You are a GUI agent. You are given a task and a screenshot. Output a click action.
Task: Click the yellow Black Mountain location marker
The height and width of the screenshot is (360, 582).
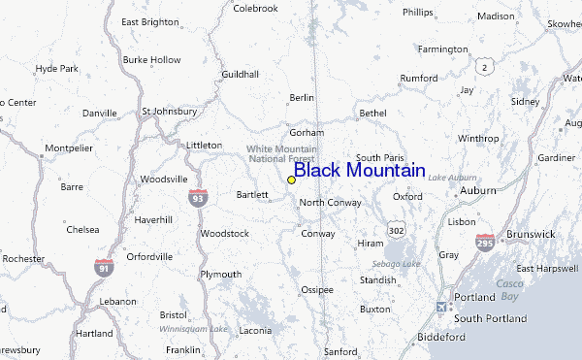tap(291, 180)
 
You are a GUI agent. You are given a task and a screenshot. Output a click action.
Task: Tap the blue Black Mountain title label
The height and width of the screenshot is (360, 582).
tap(359, 171)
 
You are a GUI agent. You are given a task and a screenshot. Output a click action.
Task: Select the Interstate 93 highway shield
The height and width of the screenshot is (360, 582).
tap(198, 196)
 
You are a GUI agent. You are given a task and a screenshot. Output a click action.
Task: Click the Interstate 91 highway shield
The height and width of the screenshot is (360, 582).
tap(104, 265)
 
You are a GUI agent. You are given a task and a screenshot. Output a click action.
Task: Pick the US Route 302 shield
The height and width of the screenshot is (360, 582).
tap(396, 231)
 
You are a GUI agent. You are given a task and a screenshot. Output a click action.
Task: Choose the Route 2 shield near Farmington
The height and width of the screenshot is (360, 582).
tap(483, 65)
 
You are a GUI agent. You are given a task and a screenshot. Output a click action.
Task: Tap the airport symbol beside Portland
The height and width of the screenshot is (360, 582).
tap(443, 308)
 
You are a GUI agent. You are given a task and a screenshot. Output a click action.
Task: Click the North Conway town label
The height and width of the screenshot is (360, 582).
tap(330, 203)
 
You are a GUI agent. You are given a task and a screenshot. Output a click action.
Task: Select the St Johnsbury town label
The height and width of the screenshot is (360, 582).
tap(169, 112)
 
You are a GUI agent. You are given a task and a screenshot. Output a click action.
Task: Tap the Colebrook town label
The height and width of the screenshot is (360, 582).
tap(255, 9)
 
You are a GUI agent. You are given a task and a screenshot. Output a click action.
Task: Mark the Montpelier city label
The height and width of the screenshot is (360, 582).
tap(68, 147)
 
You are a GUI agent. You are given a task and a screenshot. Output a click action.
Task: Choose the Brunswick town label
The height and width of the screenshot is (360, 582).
tap(530, 234)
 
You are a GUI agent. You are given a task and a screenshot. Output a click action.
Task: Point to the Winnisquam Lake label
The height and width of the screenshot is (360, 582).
tap(194, 329)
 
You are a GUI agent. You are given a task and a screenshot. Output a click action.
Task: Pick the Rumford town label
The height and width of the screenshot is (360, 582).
tap(419, 79)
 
